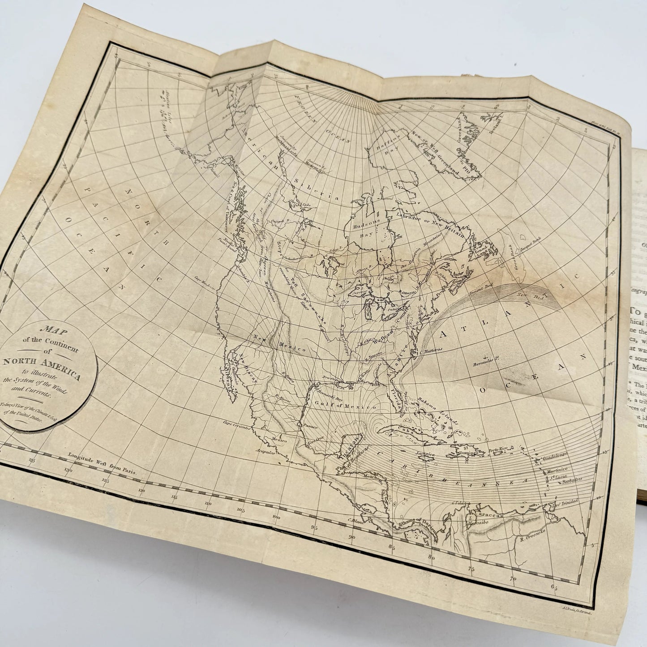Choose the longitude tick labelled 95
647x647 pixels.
[315, 528]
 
